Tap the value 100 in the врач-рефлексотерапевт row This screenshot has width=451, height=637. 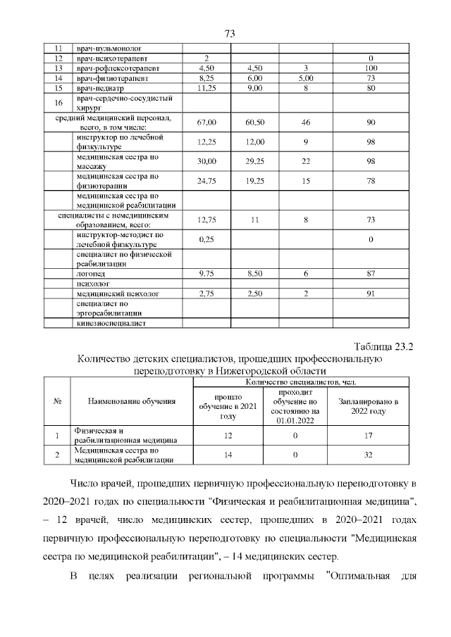[x=371, y=68]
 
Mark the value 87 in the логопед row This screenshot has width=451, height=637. [x=371, y=272]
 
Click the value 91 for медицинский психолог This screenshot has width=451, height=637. [x=371, y=294]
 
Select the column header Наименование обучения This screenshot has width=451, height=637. [x=132, y=401]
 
